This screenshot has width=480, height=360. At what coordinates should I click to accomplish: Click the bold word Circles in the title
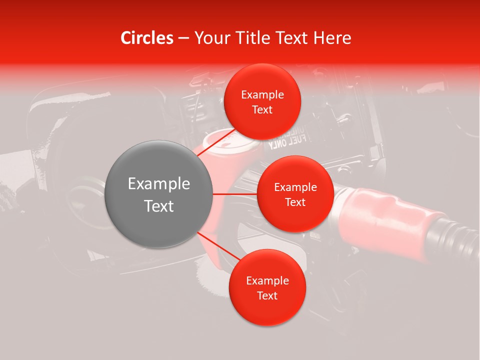[x=147, y=38]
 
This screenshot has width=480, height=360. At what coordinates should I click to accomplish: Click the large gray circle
[x=158, y=194]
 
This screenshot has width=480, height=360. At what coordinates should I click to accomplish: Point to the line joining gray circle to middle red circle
[x=234, y=193]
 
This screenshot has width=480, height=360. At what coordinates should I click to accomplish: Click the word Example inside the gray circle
[x=158, y=184]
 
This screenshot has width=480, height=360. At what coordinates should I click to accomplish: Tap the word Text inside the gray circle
[x=158, y=206]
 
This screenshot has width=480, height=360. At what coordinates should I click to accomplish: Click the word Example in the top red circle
[x=262, y=95]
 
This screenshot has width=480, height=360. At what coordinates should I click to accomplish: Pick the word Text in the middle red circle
[x=295, y=202]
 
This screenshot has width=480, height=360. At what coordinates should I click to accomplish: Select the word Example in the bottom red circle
[x=267, y=281]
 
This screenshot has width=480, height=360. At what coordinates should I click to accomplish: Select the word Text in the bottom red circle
[x=267, y=296]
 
